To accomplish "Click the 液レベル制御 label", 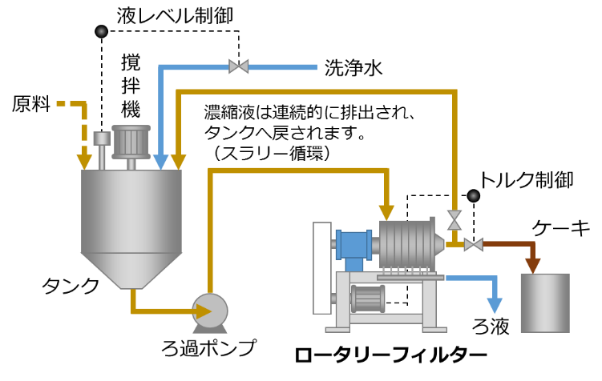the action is (x=175, y=16).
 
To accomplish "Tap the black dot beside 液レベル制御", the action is (x=101, y=31).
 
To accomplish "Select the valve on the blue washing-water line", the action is (x=238, y=66).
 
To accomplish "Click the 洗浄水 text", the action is (x=354, y=68).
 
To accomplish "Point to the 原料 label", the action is (x=31, y=104).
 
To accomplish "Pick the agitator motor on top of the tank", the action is (x=131, y=142).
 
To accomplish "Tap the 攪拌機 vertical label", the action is (x=131, y=86).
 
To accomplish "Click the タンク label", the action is (x=71, y=286).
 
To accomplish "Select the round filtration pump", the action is (x=210, y=311).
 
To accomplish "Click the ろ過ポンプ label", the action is (x=209, y=347).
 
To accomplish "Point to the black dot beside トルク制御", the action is (x=474, y=196).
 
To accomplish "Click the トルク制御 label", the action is (x=527, y=180).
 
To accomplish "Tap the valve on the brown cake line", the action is (x=474, y=244).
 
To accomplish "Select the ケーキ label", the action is (x=560, y=228).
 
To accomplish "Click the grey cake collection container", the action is (x=545, y=303).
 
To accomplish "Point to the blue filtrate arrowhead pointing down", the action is (x=495, y=305).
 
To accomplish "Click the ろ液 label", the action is (x=491, y=327).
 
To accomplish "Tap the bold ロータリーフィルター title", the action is (x=391, y=355).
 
